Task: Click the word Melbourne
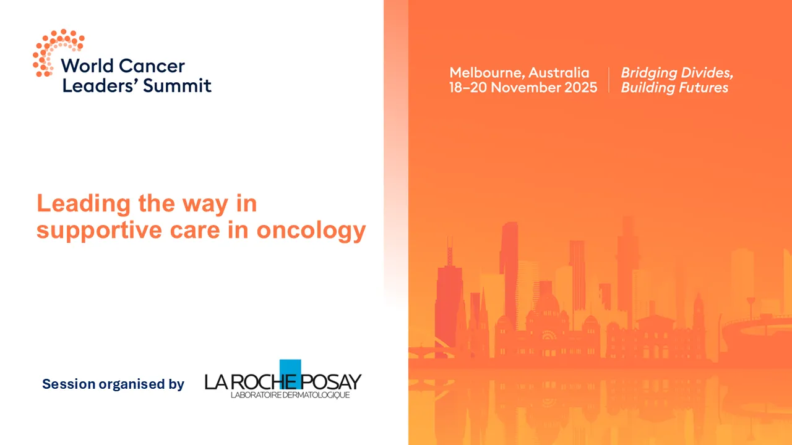(485, 73)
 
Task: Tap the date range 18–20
(468, 88)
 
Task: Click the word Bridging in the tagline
(647, 74)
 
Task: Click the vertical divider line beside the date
(609, 80)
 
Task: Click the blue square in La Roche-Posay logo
(290, 370)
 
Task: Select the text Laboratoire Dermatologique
(290, 395)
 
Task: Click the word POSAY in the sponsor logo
(332, 382)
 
